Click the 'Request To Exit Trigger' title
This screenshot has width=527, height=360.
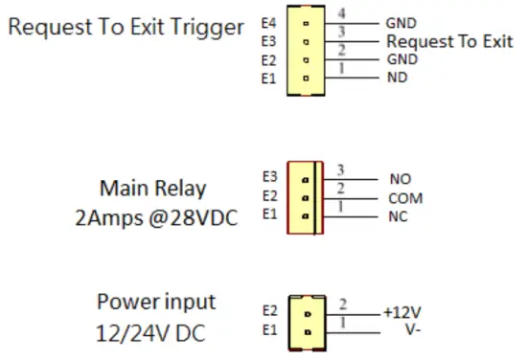point(126,27)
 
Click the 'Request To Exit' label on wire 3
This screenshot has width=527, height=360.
point(448,41)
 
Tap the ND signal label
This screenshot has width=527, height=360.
point(396,79)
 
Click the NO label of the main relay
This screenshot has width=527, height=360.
point(401,179)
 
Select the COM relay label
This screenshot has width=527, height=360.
point(406,199)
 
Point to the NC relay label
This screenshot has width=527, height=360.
point(400,218)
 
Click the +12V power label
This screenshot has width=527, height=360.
point(403,313)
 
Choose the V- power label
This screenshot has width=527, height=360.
point(395,331)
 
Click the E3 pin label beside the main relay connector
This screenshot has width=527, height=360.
point(268,177)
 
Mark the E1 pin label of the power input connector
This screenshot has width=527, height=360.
point(268,332)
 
